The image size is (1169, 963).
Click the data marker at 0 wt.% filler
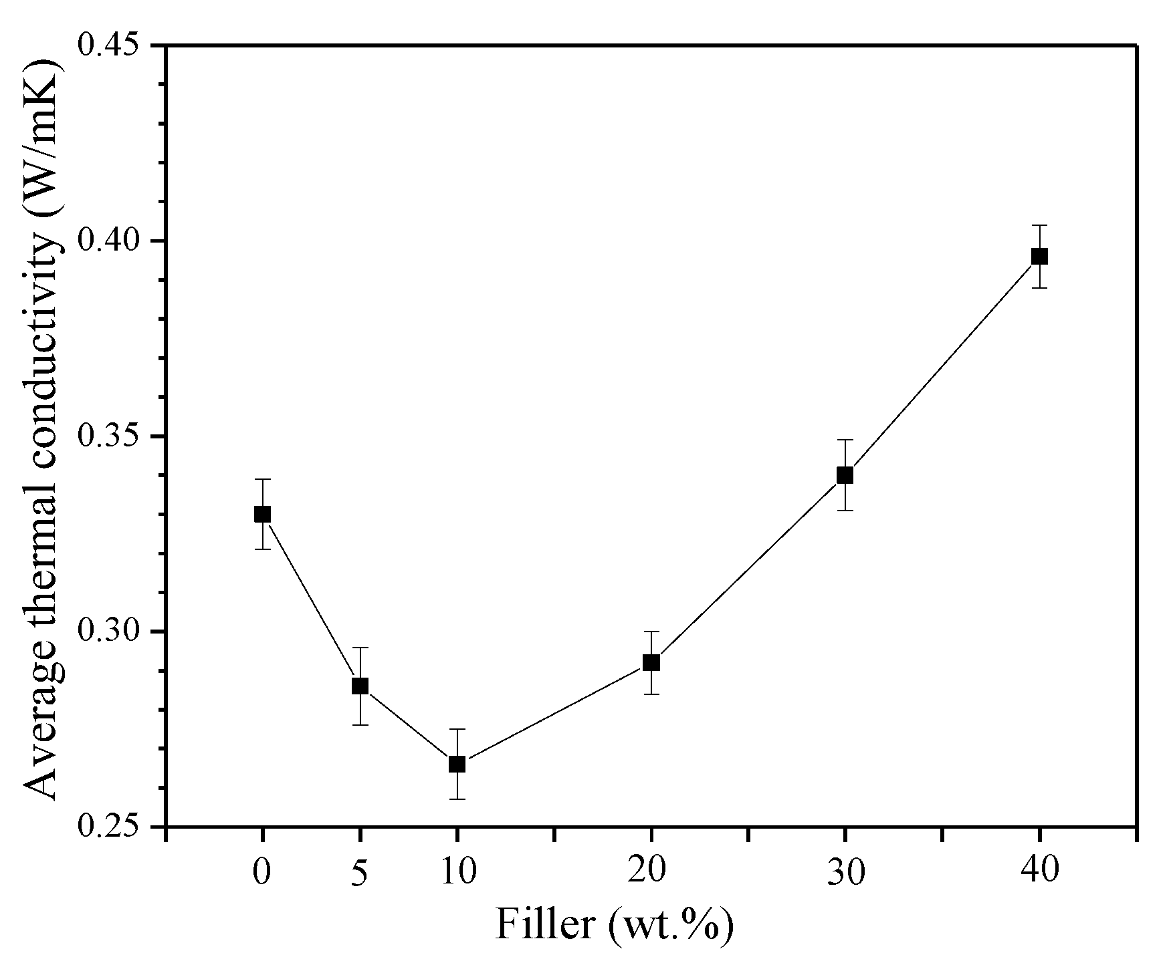click(263, 514)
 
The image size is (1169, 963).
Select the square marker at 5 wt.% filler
click(360, 686)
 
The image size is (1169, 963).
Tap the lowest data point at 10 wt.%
click(457, 764)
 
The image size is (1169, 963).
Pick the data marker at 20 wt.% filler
click(651, 662)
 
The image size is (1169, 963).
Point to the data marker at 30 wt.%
click(845, 475)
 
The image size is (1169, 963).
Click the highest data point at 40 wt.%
click(1039, 256)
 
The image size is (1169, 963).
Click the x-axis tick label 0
click(263, 871)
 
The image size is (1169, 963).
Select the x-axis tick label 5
click(360, 873)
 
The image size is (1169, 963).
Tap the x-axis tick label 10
click(457, 871)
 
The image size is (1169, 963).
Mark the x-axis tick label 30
click(845, 871)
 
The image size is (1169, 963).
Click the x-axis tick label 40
click(1039, 871)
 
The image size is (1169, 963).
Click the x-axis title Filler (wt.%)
click(614, 926)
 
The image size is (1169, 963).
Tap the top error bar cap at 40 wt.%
click(1039, 225)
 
